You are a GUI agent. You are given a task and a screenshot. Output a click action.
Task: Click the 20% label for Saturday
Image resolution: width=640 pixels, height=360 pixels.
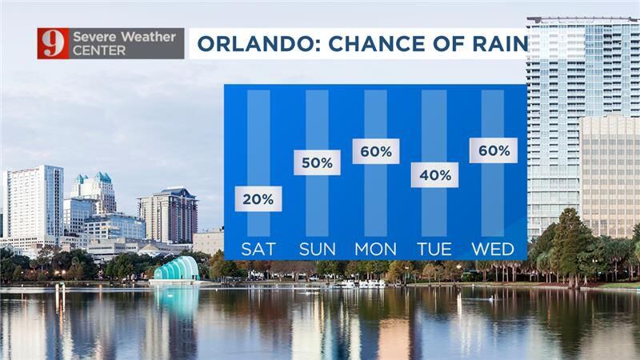click(x=258, y=198)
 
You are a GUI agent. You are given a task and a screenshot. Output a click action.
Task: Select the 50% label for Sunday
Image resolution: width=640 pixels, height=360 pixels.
click(x=317, y=162)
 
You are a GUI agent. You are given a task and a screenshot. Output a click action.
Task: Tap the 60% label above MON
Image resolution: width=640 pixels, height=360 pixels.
click(x=376, y=151)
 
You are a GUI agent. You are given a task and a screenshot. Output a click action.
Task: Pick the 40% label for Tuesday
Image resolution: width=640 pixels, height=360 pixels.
click(x=434, y=175)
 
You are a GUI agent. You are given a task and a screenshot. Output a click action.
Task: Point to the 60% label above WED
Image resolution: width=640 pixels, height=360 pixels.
click(x=494, y=150)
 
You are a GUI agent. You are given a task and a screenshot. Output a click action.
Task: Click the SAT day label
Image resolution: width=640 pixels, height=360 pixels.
click(x=258, y=249)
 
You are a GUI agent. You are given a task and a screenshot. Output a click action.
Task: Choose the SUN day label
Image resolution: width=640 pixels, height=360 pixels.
click(x=317, y=249)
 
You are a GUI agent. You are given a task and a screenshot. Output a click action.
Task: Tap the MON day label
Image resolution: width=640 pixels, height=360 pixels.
click(x=375, y=249)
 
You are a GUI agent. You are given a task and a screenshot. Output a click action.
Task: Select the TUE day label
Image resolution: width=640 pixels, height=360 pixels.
click(x=434, y=249)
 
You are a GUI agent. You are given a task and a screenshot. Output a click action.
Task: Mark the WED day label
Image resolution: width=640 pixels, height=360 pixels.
click(x=493, y=249)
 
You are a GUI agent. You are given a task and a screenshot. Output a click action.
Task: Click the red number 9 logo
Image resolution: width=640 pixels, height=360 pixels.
click(x=53, y=43)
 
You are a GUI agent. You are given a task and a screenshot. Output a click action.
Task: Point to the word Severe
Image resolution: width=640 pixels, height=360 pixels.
click(x=95, y=37)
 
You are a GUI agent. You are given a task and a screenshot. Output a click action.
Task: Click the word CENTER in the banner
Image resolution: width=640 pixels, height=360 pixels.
click(x=99, y=50)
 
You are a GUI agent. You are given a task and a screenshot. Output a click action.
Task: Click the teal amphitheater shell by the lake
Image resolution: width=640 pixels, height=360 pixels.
click(x=176, y=270)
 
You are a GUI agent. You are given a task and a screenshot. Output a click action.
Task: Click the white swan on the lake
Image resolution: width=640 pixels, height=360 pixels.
click(x=494, y=298)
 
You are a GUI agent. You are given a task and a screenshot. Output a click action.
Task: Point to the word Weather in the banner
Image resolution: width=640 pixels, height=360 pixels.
click(x=149, y=37)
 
